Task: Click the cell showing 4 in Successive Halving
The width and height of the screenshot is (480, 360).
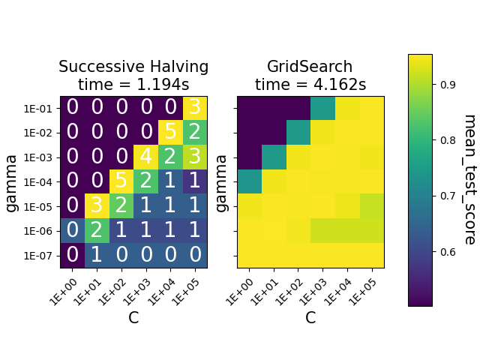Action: (x=146, y=157)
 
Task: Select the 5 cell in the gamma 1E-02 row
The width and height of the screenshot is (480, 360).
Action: (x=170, y=133)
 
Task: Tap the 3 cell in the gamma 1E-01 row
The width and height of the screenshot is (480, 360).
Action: (x=195, y=108)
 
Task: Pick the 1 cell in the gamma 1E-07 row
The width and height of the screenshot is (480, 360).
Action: (x=97, y=255)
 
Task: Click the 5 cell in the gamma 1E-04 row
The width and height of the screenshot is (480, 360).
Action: (x=121, y=181)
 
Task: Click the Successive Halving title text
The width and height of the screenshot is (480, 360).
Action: (x=133, y=76)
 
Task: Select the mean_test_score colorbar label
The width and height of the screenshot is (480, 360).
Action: (x=469, y=179)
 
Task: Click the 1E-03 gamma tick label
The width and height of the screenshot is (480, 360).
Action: (x=37, y=157)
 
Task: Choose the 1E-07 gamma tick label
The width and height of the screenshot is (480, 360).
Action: (x=37, y=255)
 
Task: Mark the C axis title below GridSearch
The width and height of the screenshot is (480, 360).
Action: (x=310, y=318)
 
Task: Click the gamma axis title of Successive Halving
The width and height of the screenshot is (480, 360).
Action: (x=13, y=181)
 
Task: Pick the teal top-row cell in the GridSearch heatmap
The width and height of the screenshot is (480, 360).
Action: (x=323, y=108)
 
